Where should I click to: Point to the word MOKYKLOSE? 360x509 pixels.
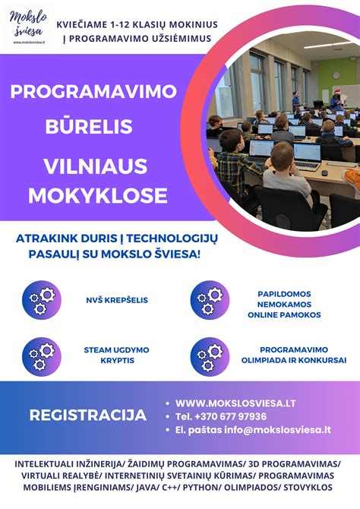[x=97, y=195]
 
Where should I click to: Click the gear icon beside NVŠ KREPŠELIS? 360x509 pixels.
[x=41, y=299]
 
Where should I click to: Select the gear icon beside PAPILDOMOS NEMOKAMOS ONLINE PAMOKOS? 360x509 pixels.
[x=209, y=299]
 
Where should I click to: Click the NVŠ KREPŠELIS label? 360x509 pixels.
[x=116, y=300]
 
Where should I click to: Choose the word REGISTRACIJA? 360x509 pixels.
[x=87, y=415]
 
